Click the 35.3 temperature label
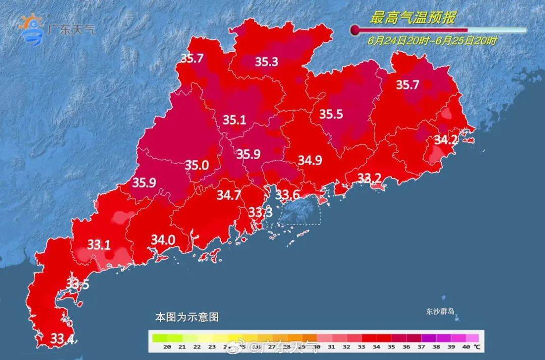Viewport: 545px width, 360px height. pyautogui.click(x=266, y=62)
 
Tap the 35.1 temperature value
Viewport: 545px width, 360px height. pyautogui.click(x=235, y=120)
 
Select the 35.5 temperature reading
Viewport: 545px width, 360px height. pyautogui.click(x=331, y=114)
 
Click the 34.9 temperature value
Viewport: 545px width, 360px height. pyautogui.click(x=310, y=161)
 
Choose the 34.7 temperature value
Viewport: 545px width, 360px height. pyautogui.click(x=229, y=194)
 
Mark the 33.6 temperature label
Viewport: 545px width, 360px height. pyautogui.click(x=288, y=194)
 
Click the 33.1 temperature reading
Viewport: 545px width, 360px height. pyautogui.click(x=99, y=245)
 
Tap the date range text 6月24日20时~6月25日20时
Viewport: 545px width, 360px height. pyautogui.click(x=432, y=41)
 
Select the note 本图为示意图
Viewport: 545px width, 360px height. pyautogui.click(x=187, y=318)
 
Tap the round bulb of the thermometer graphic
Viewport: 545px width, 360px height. pyautogui.click(x=355, y=30)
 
